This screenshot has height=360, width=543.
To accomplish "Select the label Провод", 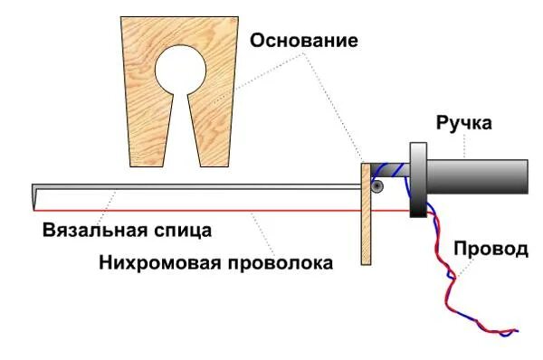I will pyautogui.click(x=490, y=248).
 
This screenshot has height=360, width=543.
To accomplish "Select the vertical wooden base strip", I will pyautogui.click(x=367, y=235).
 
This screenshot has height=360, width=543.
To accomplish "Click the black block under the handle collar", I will pyautogui.click(x=419, y=207).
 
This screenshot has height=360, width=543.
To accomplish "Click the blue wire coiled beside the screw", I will pyautogui.click(x=391, y=172).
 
